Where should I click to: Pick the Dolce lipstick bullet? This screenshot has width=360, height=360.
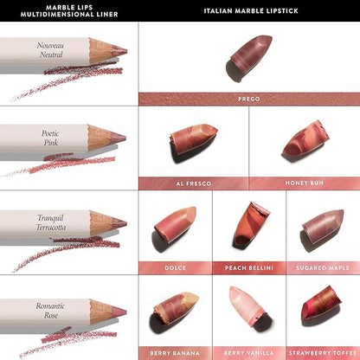[x=176, y=222]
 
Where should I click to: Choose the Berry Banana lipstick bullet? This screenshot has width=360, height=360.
[x=176, y=307]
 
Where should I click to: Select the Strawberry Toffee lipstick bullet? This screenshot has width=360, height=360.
[x=321, y=303]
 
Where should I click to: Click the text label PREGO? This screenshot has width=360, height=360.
[x=249, y=99]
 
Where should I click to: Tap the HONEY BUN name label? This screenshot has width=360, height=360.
[x=305, y=183]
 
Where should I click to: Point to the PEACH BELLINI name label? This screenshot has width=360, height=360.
[x=249, y=268]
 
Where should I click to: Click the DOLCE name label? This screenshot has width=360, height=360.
[x=175, y=268]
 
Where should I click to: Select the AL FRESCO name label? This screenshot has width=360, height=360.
[x=194, y=183]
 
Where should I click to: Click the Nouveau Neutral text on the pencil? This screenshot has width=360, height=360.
[x=51, y=50]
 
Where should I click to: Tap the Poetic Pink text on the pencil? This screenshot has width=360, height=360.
[x=50, y=138]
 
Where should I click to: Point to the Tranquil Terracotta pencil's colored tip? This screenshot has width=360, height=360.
[x=119, y=223]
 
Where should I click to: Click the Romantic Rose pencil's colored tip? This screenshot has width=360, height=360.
[x=119, y=312]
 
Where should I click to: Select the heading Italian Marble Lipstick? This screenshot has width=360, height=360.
[x=251, y=11]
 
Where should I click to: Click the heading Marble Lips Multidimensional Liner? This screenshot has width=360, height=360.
[x=69, y=11]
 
